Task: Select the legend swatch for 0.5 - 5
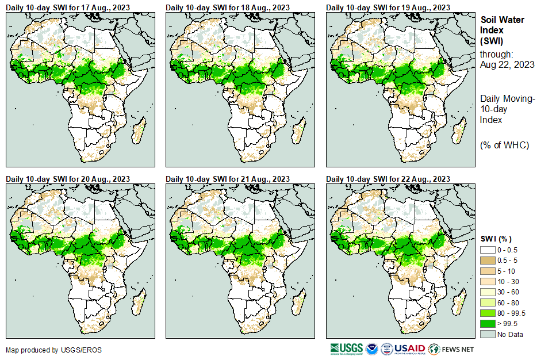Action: (488, 260)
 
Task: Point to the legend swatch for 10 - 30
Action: (488, 281)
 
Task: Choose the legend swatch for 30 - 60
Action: (488, 292)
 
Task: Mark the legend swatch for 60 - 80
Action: (488, 302)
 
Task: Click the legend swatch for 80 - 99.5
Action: (488, 313)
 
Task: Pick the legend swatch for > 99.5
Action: (488, 324)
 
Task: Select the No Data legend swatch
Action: (488, 334)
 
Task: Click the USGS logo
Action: (347, 349)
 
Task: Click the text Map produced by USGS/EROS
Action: (45, 350)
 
